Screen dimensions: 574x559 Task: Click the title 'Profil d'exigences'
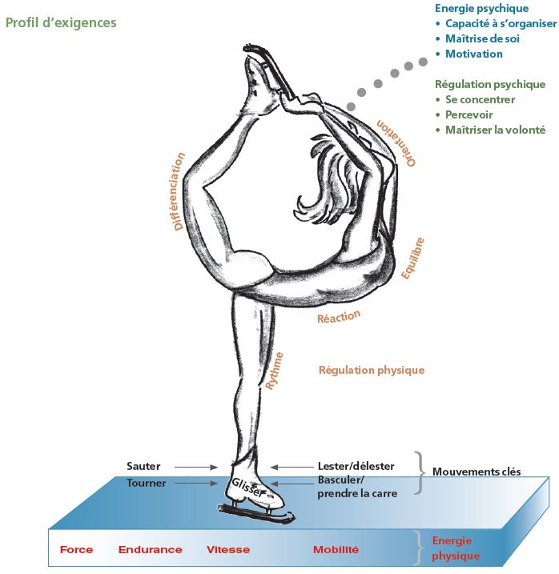(x=61, y=22)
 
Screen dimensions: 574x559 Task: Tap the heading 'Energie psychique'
(x=481, y=9)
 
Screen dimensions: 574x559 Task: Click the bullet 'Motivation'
(x=474, y=54)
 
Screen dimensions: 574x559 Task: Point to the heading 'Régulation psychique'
(x=489, y=84)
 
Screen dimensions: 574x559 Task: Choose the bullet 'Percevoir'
(x=470, y=114)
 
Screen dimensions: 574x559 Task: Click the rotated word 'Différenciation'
(x=179, y=191)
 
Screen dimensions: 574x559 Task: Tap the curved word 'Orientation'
(x=398, y=142)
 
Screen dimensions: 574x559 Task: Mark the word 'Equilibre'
(x=412, y=258)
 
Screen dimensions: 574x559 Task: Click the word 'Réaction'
(x=339, y=318)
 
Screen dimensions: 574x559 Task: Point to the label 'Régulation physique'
(x=372, y=371)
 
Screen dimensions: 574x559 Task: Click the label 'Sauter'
(x=143, y=466)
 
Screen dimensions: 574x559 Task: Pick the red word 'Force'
(x=76, y=550)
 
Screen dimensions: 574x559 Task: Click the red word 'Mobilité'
(x=336, y=550)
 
